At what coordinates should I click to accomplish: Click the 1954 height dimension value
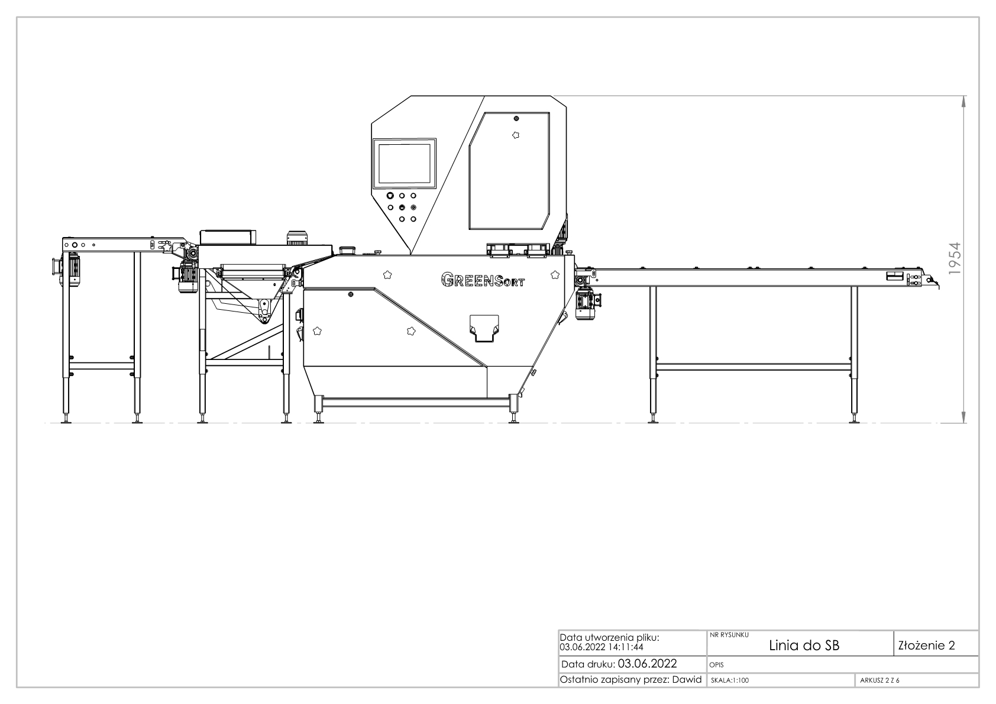click(x=954, y=258)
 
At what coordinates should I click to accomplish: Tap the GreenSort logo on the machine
click(x=483, y=280)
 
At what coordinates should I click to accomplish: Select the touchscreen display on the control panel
click(x=404, y=163)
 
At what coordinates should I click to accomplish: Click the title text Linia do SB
click(x=804, y=645)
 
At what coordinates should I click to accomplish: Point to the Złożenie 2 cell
click(x=927, y=645)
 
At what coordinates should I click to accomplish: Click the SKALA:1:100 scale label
click(x=730, y=680)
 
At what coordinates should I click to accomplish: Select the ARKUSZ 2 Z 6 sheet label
click(x=879, y=680)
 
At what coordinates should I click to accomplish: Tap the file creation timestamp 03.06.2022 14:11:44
click(x=602, y=647)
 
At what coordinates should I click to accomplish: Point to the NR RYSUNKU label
click(x=729, y=635)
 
